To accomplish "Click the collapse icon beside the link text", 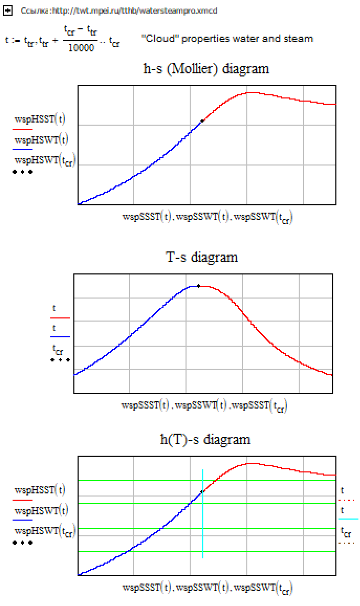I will tap(8, 10).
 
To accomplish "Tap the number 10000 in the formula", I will tap(81, 48).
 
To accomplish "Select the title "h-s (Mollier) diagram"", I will tap(206, 69).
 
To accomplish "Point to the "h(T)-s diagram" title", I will tap(205, 439).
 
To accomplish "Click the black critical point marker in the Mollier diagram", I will tap(202, 121).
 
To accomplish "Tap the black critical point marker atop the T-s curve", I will tap(199, 286).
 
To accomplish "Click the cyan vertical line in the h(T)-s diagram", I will tap(203, 524).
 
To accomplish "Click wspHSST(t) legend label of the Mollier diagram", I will tap(40, 119).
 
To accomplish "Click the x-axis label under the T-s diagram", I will tap(204, 405).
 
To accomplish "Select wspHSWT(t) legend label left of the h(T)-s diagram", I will tap(41, 510).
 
